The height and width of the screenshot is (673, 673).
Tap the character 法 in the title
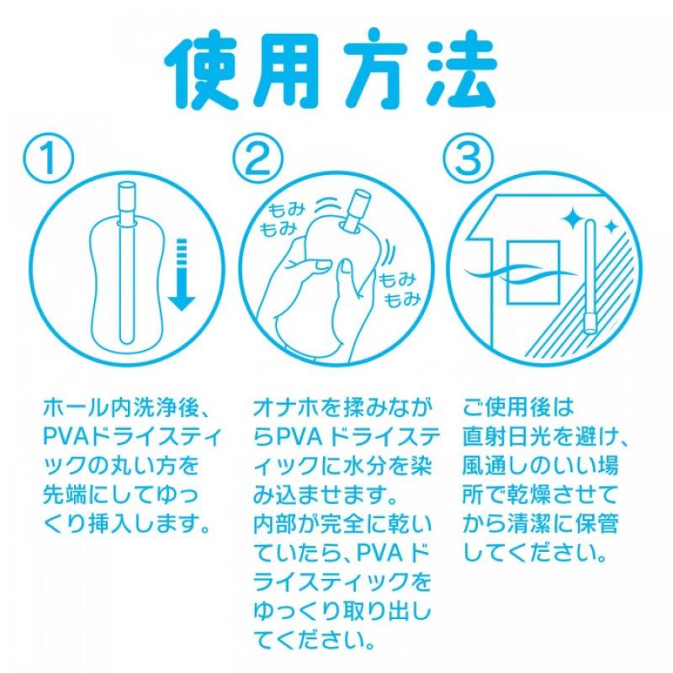[462, 69]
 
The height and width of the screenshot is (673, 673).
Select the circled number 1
[49, 157]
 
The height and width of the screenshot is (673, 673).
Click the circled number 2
[257, 157]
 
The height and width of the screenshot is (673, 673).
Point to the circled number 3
[468, 157]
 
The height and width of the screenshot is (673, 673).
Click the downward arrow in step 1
[182, 275]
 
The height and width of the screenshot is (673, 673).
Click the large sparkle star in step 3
[572, 218]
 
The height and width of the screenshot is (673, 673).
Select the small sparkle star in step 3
[610, 226]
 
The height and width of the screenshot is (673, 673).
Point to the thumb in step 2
[343, 279]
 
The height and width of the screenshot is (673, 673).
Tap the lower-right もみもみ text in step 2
[399, 289]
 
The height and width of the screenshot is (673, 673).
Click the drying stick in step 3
[591, 277]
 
